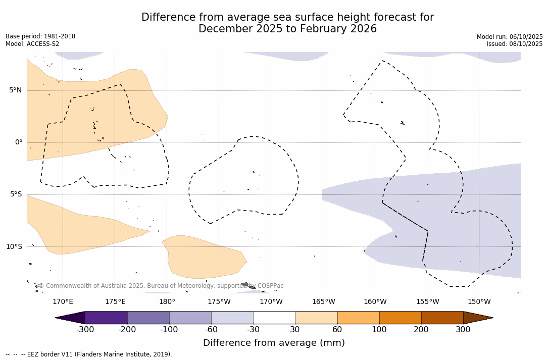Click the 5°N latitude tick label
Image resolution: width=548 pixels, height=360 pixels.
coord(15,90)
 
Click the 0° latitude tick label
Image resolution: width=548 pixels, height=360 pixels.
coord(19,142)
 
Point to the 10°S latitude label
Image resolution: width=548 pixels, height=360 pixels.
coord(14,247)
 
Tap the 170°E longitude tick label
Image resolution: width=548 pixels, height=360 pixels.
coord(63,302)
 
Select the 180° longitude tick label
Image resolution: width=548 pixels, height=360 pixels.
coord(167,302)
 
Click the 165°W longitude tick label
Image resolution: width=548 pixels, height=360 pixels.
coord(323,302)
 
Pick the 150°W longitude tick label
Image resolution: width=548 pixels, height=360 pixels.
coord(479,302)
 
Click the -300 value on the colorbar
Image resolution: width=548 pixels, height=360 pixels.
coord(85,330)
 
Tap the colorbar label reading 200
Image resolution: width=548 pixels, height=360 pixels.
coord(421,330)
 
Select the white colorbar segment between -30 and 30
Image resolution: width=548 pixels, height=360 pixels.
coord(274,318)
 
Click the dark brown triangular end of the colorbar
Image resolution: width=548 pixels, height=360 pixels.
coord(478,318)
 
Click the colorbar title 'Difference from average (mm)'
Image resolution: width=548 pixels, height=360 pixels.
coord(274,343)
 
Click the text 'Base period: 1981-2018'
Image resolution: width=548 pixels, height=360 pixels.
coord(40,36)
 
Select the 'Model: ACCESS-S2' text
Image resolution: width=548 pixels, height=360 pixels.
coord(32,44)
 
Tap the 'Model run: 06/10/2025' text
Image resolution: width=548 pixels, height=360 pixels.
coord(510,37)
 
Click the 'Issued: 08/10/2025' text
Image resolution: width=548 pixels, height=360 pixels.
coord(515,44)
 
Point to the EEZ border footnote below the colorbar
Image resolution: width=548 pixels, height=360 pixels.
coord(89,354)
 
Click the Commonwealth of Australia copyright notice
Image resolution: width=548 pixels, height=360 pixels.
coord(161,286)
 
